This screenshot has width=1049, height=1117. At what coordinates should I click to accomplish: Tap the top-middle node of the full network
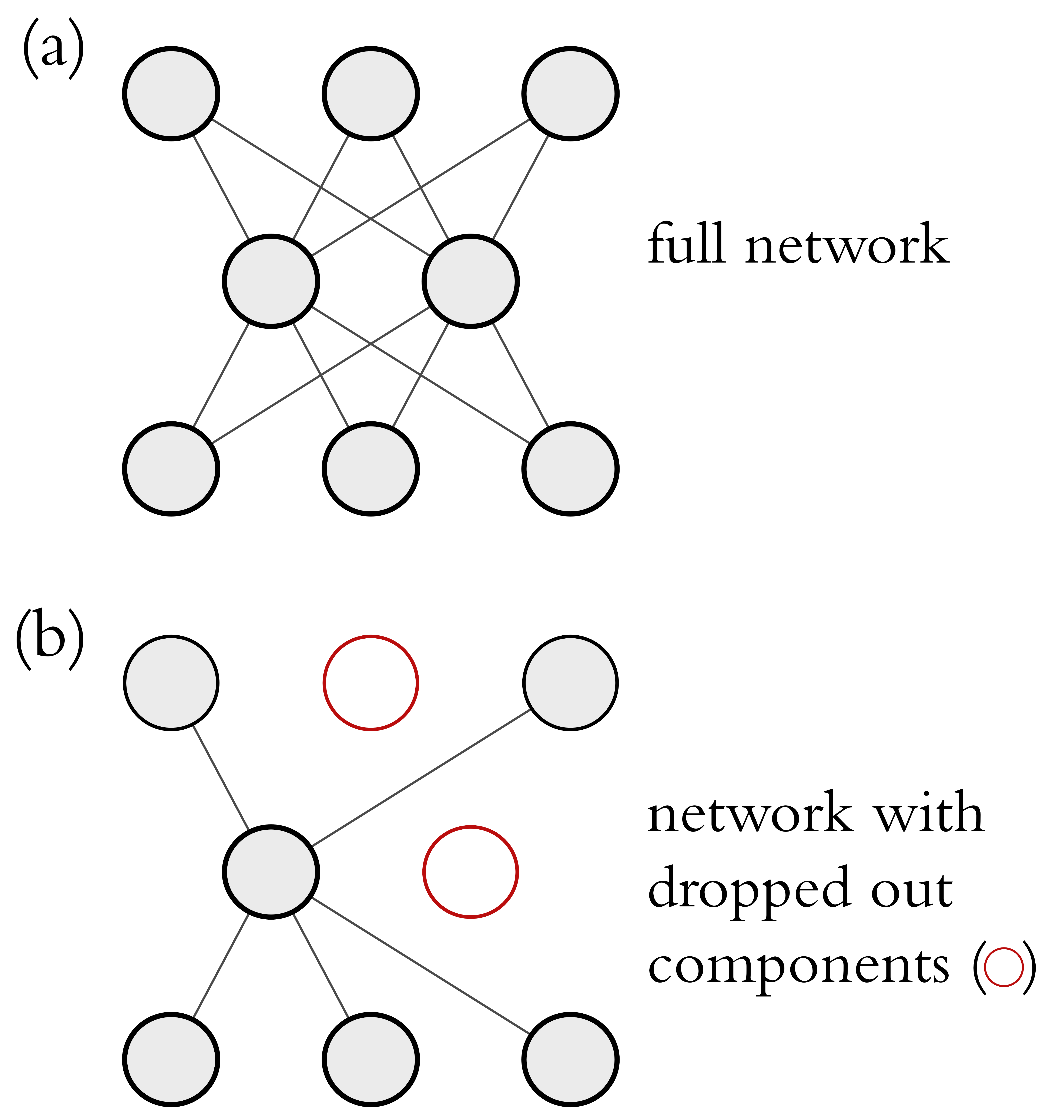pyautogui.click(x=371, y=93)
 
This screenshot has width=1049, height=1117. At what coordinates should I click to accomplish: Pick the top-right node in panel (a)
pyautogui.click(x=570, y=93)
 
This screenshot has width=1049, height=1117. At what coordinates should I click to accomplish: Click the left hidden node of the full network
pyautogui.click(x=271, y=281)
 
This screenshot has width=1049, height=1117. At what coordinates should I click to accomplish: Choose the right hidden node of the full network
pyautogui.click(x=470, y=281)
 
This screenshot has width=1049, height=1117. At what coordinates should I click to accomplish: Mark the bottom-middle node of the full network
pyautogui.click(x=371, y=469)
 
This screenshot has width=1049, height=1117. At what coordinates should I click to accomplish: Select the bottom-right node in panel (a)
pyautogui.click(x=570, y=469)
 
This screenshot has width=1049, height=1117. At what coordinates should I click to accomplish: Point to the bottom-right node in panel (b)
pyautogui.click(x=570, y=1060)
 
